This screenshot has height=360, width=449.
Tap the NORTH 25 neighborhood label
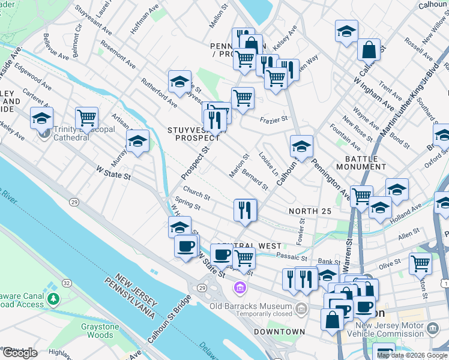310,211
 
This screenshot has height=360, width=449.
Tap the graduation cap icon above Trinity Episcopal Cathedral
41,118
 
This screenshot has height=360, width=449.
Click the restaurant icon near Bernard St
245,209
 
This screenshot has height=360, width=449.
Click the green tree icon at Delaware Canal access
53,298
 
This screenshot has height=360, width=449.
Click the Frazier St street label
274,120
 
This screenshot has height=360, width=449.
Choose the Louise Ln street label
268,164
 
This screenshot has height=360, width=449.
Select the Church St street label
196,196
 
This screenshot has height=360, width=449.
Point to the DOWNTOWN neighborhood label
279,332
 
